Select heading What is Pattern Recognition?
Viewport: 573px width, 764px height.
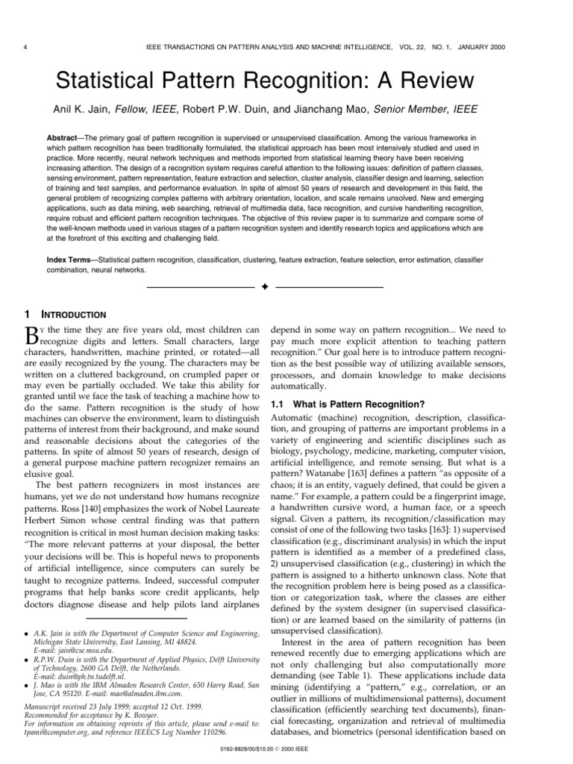click(x=347, y=404)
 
